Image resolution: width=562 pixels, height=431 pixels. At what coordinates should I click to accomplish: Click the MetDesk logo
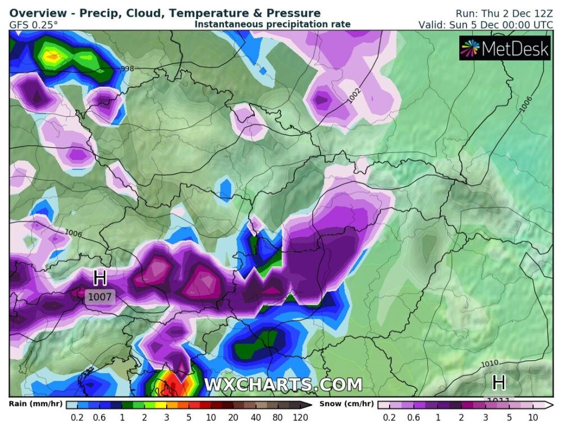pyautogui.click(x=504, y=49)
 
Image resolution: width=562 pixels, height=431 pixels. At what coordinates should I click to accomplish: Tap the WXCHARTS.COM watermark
pyautogui.click(x=283, y=385)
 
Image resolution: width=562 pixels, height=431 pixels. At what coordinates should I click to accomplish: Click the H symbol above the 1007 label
pyautogui.click(x=100, y=277)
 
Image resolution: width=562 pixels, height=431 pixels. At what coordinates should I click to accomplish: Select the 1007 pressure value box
pyautogui.click(x=100, y=296)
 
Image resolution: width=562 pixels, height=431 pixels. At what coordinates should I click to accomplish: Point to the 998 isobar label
pyautogui.click(x=128, y=68)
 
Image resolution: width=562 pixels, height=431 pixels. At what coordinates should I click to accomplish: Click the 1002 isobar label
pyautogui.click(x=354, y=95)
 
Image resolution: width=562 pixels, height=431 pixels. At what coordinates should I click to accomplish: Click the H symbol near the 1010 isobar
pyautogui.click(x=499, y=383)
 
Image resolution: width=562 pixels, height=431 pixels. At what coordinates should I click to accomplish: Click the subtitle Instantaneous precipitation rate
pyautogui.click(x=272, y=24)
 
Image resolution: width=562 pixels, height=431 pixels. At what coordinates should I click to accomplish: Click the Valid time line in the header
pyautogui.click(x=486, y=25)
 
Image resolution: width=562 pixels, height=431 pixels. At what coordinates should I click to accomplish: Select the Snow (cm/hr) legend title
pyautogui.click(x=347, y=404)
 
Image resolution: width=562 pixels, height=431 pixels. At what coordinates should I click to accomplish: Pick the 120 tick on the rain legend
pyautogui.click(x=300, y=418)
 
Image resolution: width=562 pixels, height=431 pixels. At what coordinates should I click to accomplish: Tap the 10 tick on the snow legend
pyautogui.click(x=533, y=418)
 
